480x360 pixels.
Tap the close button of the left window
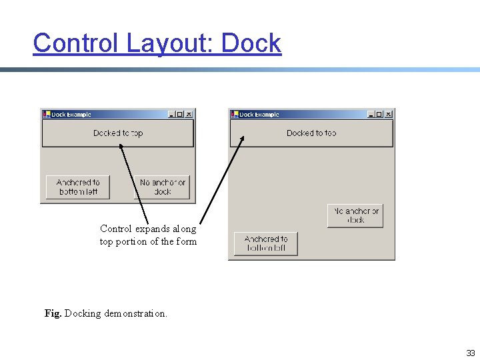(x=189, y=114)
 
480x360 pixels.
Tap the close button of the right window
(x=389, y=114)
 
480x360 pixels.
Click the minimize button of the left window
(x=171, y=114)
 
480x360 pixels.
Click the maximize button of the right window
(x=380, y=114)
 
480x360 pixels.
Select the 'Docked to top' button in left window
(x=118, y=133)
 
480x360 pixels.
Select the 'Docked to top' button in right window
(x=311, y=133)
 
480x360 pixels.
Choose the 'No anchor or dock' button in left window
(x=163, y=187)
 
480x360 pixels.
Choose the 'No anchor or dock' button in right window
(x=355, y=215)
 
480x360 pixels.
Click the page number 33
(x=471, y=353)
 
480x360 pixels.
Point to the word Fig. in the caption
(x=53, y=313)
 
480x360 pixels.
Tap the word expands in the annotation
(x=147, y=229)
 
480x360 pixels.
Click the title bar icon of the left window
(x=46, y=114)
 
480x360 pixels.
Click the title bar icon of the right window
(x=234, y=114)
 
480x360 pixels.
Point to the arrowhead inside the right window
(x=243, y=139)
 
